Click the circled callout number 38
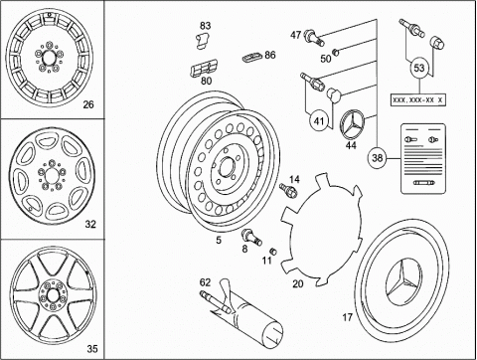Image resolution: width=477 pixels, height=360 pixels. [378, 158]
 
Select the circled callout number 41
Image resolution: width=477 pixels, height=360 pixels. [319, 121]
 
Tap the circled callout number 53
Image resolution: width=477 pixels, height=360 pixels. [419, 68]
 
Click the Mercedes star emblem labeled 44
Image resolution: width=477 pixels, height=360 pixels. [352, 125]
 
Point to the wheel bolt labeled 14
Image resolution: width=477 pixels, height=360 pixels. [288, 190]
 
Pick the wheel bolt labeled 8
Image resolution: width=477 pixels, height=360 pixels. [252, 237]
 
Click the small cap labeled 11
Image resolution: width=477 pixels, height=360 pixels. [273, 251]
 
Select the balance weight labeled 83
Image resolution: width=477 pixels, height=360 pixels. [202, 41]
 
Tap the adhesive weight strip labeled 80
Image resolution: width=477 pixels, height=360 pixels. [204, 69]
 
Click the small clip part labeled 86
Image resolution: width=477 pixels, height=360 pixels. [252, 58]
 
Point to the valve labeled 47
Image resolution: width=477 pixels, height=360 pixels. [313, 37]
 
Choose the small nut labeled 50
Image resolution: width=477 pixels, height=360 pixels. [336, 52]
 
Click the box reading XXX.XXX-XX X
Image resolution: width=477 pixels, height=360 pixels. [418, 99]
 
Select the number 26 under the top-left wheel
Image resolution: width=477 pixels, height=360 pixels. [88, 104]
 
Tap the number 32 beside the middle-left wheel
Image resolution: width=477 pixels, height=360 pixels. [90, 225]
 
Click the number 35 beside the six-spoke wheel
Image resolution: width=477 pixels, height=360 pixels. [92, 349]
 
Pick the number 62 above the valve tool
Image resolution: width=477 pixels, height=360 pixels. [205, 282]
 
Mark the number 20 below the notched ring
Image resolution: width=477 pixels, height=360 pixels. [298, 283]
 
